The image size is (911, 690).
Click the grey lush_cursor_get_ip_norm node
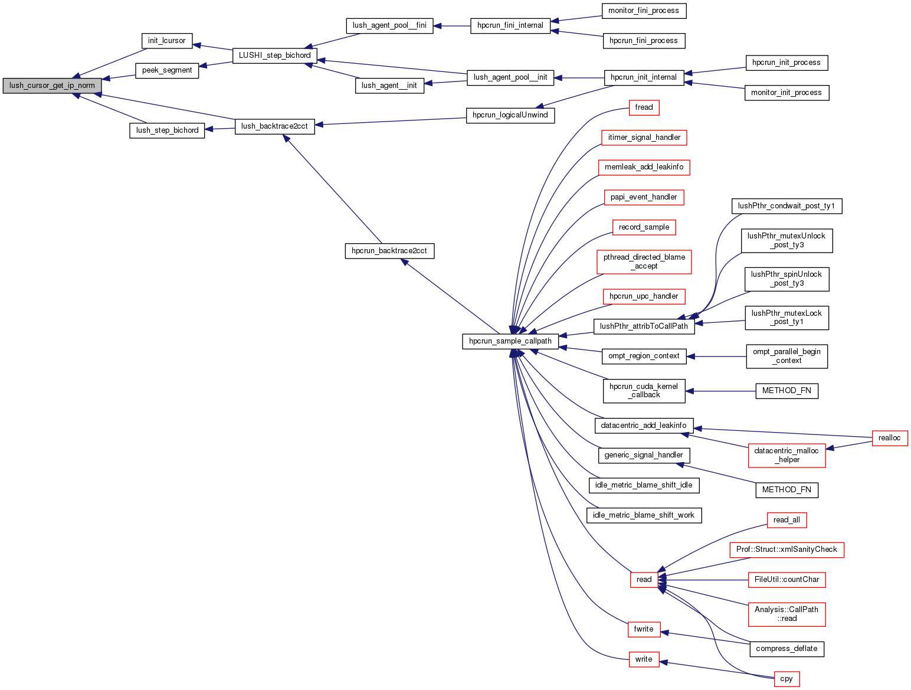[52, 86]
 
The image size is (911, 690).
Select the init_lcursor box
[167, 41]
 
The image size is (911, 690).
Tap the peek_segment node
[167, 70]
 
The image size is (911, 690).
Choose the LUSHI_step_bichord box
[274, 55]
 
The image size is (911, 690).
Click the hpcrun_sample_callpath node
[510, 341]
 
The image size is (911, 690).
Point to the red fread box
[644, 107]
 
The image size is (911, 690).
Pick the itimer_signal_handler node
[644, 138]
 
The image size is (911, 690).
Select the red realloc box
[889, 438]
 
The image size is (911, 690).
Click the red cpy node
[787, 679]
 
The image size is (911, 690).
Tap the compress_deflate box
[787, 649]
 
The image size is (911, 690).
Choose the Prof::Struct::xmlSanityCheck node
[787, 550]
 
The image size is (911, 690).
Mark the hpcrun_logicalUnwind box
[510, 115]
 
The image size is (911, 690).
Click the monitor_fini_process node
[644, 11]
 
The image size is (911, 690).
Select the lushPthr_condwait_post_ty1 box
[787, 206]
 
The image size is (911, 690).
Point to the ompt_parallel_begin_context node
[787, 357]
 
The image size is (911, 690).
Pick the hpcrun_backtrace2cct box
[389, 251]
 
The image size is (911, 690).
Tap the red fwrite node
[644, 629]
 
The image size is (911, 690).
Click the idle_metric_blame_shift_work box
[644, 515]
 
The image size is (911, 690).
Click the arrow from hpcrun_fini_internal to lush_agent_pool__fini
[452, 26]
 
